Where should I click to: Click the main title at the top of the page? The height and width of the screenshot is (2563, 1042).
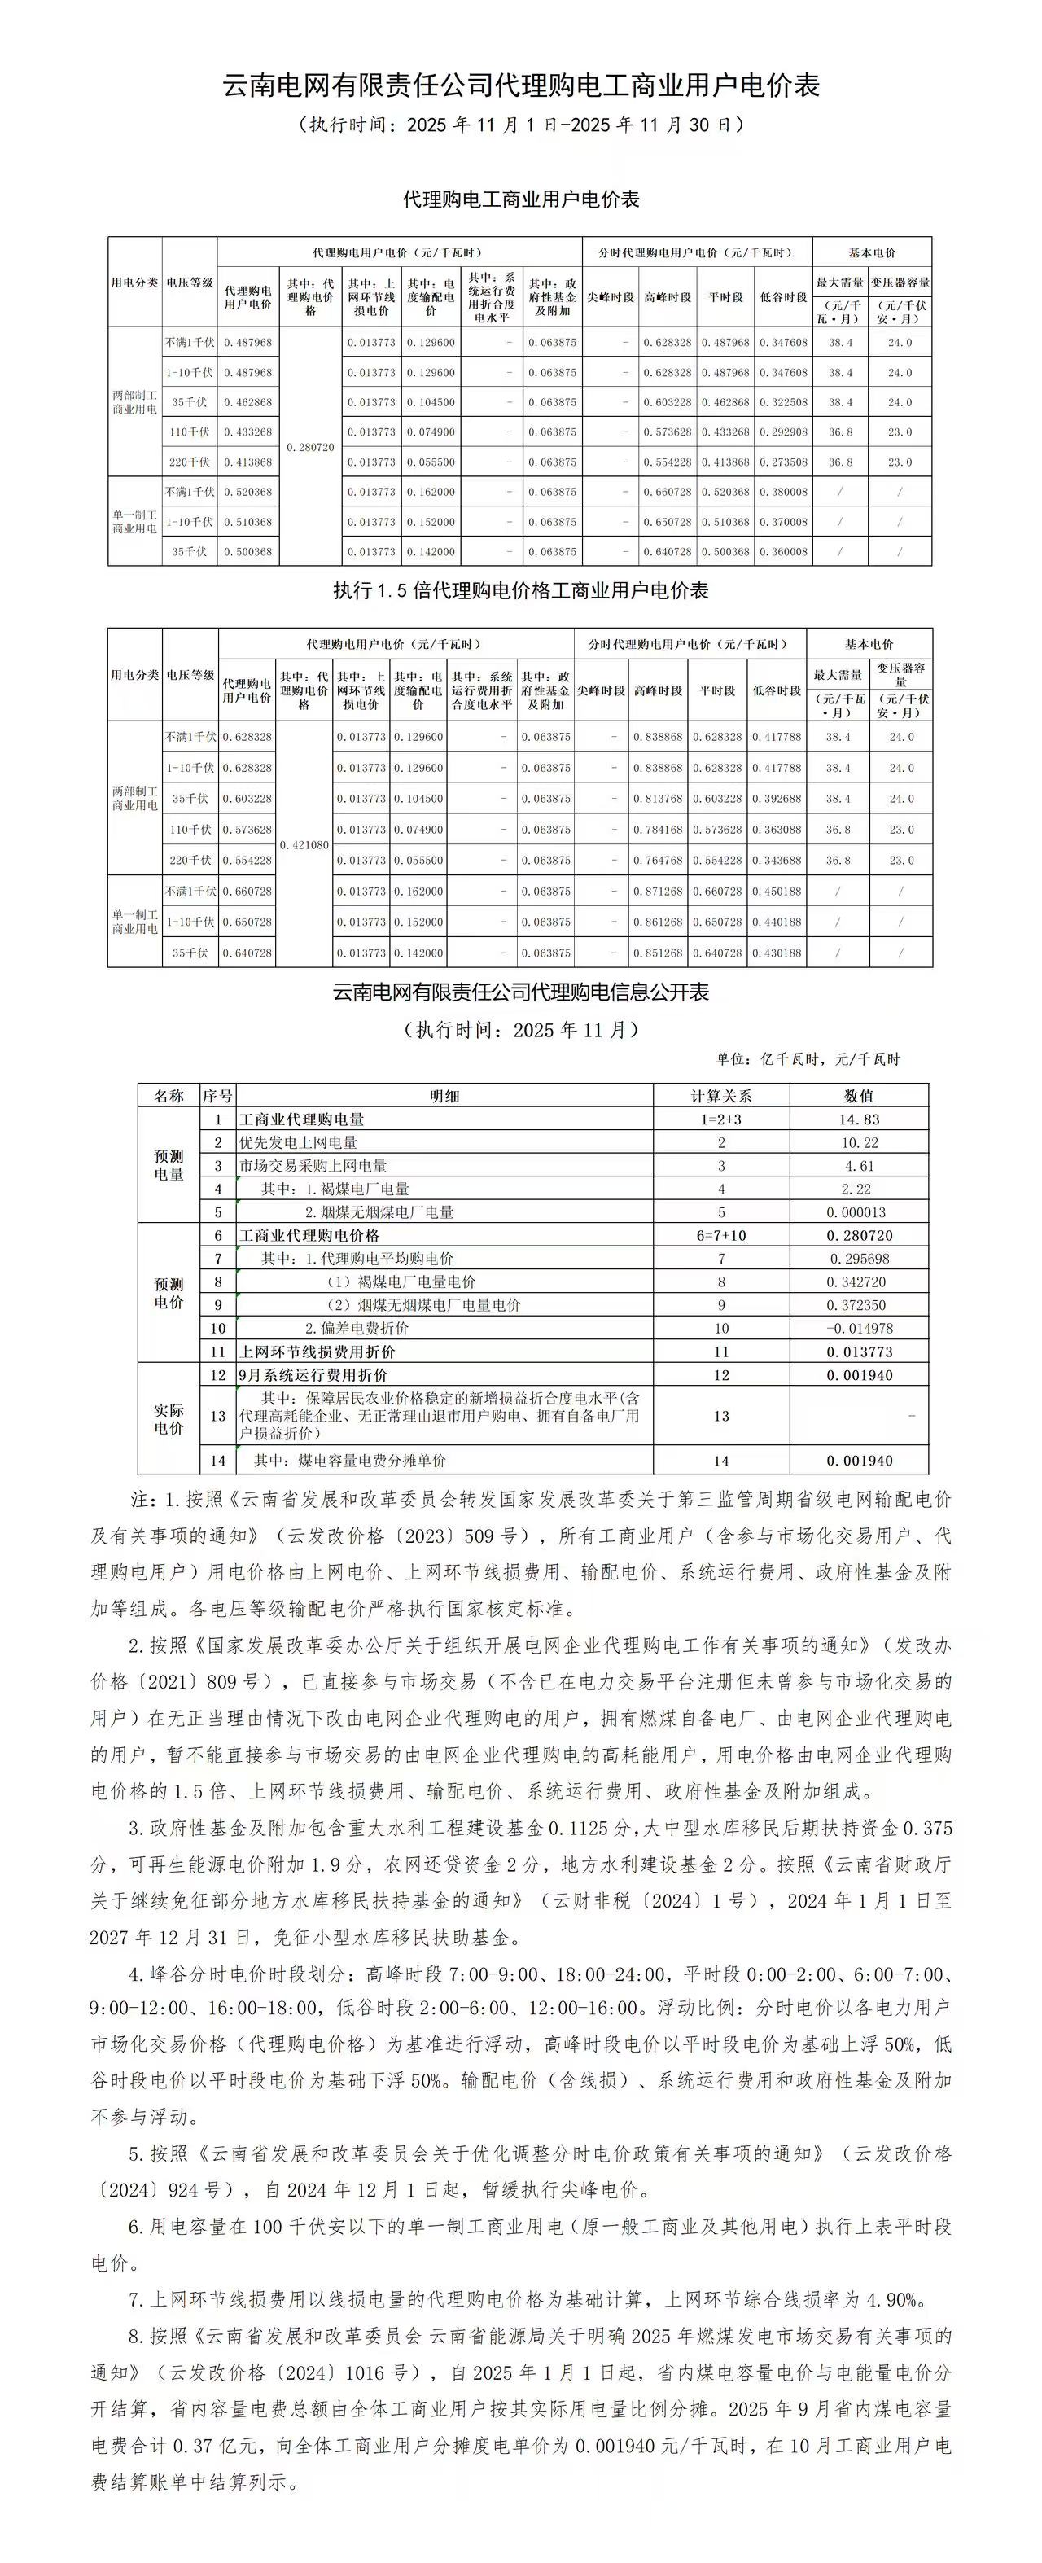click(520, 85)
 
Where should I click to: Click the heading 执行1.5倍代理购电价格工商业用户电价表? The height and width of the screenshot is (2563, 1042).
click(520, 591)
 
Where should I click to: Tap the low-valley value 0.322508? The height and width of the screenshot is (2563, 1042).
click(783, 403)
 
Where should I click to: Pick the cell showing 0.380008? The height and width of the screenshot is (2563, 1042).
click(783, 493)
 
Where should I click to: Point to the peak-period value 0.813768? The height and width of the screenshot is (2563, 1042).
click(658, 799)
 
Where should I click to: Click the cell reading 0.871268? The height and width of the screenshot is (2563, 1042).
click(658, 892)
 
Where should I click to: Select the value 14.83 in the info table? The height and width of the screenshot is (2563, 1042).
click(859, 1119)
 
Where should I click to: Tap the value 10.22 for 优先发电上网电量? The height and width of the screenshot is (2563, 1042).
click(859, 1143)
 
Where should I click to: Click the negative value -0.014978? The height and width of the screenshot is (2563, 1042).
click(859, 1328)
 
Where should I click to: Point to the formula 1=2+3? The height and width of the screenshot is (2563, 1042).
click(721, 1119)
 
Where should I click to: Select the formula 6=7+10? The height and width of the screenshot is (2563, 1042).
click(721, 1236)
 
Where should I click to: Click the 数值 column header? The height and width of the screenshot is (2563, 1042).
click(859, 1095)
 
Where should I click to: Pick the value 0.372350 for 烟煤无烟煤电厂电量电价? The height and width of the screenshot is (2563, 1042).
click(859, 1305)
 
